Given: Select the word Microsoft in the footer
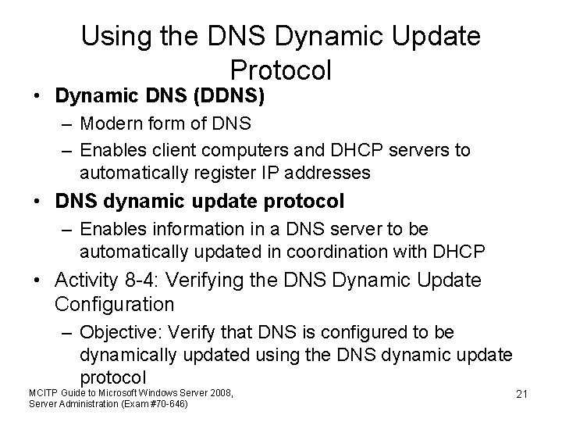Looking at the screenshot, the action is [x=119, y=391].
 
